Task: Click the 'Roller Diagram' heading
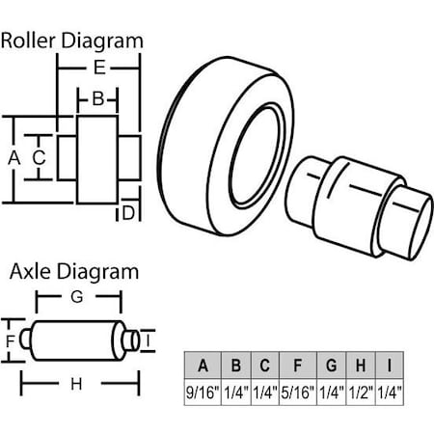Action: pos(72,41)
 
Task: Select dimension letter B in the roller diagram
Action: pos(97,98)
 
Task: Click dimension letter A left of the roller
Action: pos(14,155)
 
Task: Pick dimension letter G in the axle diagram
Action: pos(76,298)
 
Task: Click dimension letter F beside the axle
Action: pos(10,341)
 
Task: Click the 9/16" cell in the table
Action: pos(203,393)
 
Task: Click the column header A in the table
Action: pos(203,366)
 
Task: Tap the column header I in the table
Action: pos(390,366)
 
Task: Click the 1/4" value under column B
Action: pos(234,393)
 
